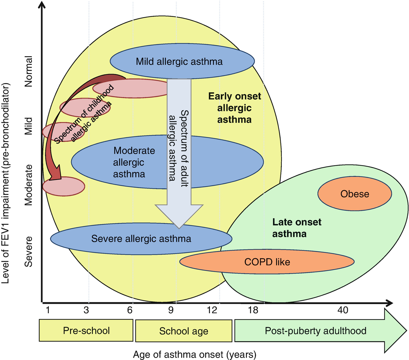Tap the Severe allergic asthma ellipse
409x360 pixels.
click(141, 239)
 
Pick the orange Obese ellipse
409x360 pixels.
click(355, 194)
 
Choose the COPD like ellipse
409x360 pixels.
click(267, 262)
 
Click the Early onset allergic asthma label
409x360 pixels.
click(235, 108)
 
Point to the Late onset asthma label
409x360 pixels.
click(296, 228)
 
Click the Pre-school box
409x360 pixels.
click(86, 330)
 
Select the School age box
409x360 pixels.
click(184, 331)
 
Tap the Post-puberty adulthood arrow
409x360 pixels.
click(316, 330)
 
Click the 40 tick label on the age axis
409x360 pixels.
click(343, 310)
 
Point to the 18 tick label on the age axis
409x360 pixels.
click(253, 310)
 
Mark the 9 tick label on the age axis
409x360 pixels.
click(171, 310)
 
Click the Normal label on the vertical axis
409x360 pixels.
click(28, 71)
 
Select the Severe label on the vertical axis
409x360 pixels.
click(28, 251)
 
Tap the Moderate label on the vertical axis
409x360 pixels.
click(28, 185)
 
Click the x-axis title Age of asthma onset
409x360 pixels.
click(194, 354)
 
